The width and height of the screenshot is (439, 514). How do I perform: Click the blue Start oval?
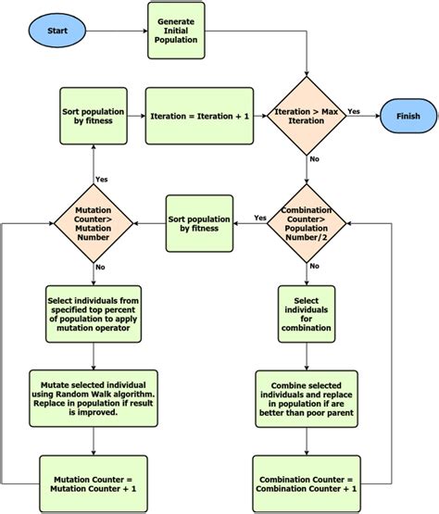[57, 31]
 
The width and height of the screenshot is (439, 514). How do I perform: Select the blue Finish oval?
[408, 116]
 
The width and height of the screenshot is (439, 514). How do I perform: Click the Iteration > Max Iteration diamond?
[307, 116]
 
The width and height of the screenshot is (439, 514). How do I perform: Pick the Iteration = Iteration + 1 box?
[200, 117]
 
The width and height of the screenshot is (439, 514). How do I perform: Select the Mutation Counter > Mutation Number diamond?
[93, 223]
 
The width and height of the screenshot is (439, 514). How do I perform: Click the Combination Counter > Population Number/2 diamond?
[307, 223]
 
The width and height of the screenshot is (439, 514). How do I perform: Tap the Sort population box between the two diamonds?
[199, 223]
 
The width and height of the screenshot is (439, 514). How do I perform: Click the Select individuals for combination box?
[307, 313]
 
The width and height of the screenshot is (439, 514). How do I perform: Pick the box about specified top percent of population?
[93, 313]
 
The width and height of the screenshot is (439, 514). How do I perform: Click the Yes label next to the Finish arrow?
[354, 110]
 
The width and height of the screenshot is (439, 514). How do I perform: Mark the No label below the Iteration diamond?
[315, 159]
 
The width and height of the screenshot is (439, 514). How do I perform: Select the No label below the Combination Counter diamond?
[315, 266]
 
